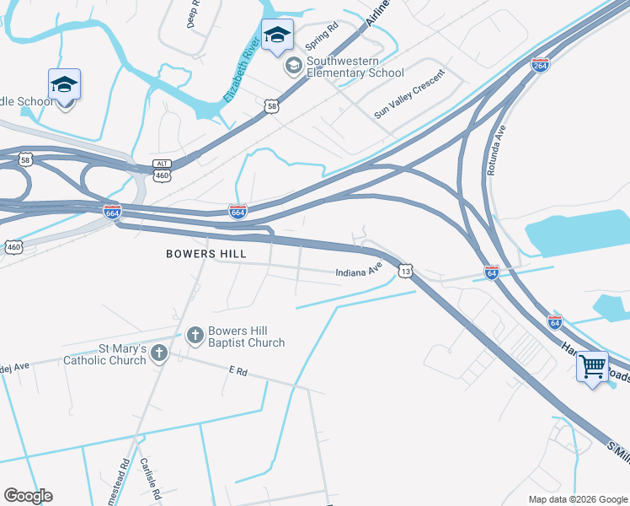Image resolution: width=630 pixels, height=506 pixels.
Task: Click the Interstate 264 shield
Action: [540, 65]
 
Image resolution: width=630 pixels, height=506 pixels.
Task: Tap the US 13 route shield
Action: [406, 270]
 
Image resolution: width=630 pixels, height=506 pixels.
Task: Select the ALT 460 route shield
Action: [163, 170]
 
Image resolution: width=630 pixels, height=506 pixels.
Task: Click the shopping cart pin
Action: [592, 368]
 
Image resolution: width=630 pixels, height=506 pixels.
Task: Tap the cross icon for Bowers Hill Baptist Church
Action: [195, 336]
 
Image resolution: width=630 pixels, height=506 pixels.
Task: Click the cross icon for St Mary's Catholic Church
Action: [159, 355]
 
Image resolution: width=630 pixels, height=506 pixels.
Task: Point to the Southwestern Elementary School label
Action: [355, 67]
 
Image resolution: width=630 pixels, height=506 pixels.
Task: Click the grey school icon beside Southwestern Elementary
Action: [294, 66]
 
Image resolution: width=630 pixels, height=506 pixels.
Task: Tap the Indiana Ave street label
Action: [359, 271]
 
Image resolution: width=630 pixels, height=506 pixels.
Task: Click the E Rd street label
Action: [238, 370]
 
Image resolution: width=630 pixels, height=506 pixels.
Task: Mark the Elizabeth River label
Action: [238, 78]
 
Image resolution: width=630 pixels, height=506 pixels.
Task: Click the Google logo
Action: [28, 496]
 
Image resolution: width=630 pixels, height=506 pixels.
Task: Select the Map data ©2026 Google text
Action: [577, 499]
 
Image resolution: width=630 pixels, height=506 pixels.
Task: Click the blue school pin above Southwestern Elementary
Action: [277, 35]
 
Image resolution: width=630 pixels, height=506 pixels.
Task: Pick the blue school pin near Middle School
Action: [64, 86]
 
